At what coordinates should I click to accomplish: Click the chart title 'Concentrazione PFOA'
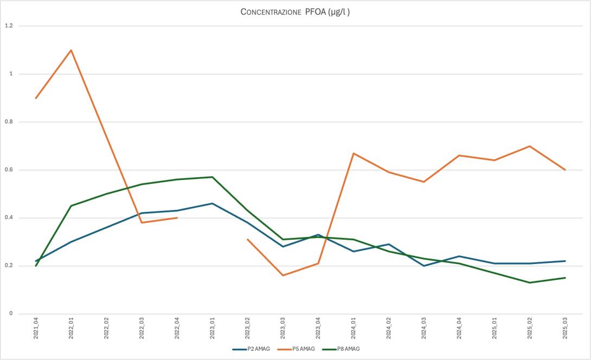point(295,12)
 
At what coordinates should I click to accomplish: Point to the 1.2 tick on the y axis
point(9,26)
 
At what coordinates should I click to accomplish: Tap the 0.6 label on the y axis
point(9,170)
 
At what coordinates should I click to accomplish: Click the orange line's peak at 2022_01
point(71,50)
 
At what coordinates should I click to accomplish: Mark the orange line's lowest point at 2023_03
point(283,275)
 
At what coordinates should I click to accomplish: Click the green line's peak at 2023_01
point(213,177)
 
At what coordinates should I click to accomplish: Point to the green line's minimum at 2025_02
point(530,282)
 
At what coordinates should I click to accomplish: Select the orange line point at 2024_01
point(354,153)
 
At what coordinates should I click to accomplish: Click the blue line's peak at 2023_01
point(213,203)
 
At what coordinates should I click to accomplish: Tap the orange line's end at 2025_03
point(565,170)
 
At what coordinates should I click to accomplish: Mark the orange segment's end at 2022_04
point(177,218)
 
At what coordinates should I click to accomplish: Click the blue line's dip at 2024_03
point(424,266)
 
